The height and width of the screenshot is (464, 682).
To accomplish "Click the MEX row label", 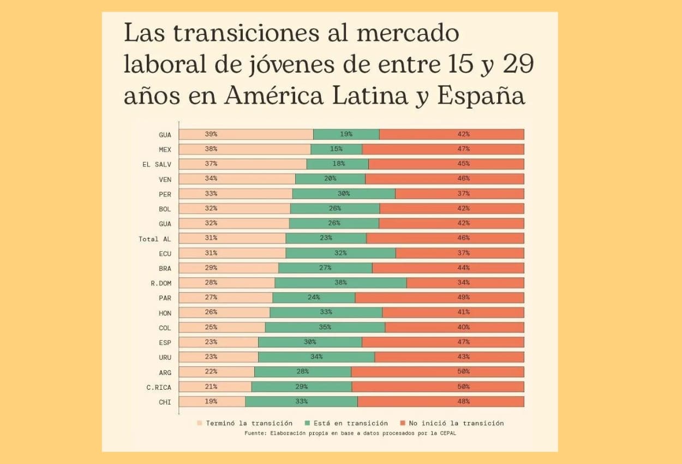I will pyautogui.click(x=165, y=149).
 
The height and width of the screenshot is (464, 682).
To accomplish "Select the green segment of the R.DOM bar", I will pyautogui.click(x=340, y=283).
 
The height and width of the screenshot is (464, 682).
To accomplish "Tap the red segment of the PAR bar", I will pyautogui.click(x=439, y=298).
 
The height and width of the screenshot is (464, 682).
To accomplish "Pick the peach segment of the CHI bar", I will pyautogui.click(x=212, y=401).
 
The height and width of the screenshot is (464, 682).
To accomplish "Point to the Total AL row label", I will pyautogui.click(x=154, y=239).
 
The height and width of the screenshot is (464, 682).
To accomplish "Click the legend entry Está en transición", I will pyautogui.click(x=347, y=423).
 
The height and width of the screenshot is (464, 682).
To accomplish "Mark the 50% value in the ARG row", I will pyautogui.click(x=464, y=372).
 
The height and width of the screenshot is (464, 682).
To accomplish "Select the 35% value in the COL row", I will pyautogui.click(x=325, y=327).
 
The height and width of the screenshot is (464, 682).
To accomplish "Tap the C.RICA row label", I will pyautogui.click(x=159, y=387).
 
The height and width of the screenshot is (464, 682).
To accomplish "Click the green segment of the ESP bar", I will pyautogui.click(x=310, y=342).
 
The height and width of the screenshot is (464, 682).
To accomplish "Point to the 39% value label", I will pyautogui.click(x=211, y=134).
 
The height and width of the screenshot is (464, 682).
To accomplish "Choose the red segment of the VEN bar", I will pyautogui.click(x=445, y=179).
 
